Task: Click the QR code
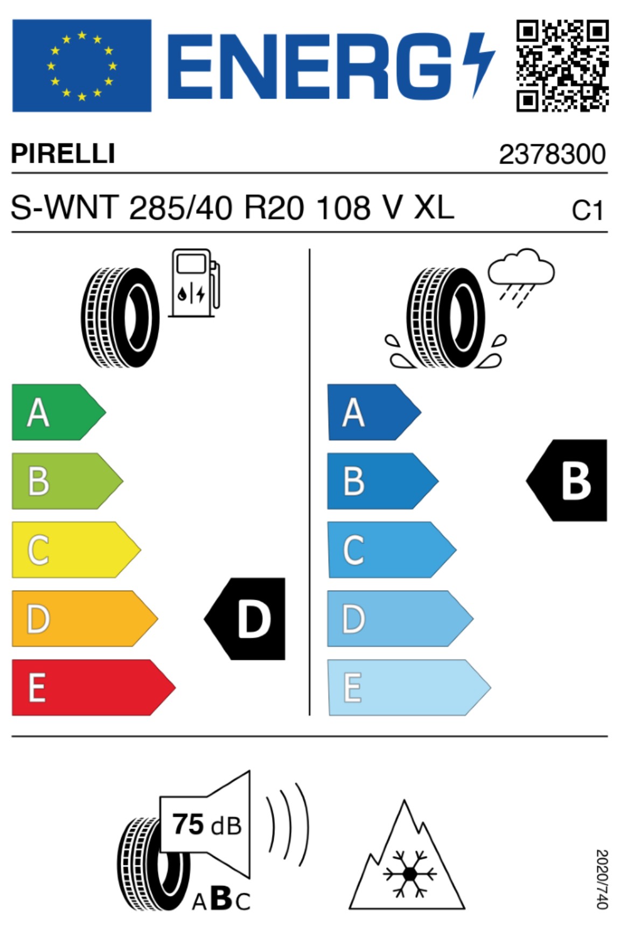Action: [x=562, y=65]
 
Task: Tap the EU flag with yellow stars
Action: [x=81, y=66]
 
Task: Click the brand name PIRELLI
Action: [x=62, y=153]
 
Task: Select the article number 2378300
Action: [x=552, y=155]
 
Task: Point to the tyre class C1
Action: [x=588, y=211]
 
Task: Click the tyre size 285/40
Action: [x=181, y=208]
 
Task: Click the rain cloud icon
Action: [x=521, y=277]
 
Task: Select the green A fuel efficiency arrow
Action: [x=59, y=412]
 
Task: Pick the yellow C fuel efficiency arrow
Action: [x=76, y=550]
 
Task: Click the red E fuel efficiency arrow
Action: [x=93, y=688]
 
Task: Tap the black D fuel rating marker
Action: [x=245, y=619]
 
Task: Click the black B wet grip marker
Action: [x=567, y=480]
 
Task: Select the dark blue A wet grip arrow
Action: [x=374, y=412]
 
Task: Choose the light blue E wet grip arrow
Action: [x=409, y=688]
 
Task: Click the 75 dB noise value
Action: [x=207, y=825]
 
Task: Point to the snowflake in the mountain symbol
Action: [x=410, y=873]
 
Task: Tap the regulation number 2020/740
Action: [x=602, y=879]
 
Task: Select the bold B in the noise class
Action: [x=221, y=898]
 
